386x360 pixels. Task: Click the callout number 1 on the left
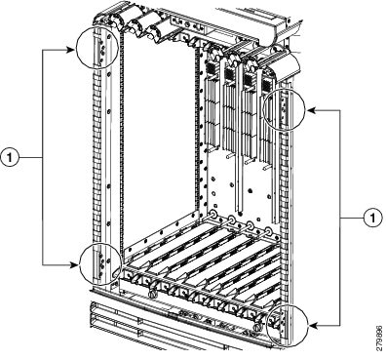[x=10, y=157]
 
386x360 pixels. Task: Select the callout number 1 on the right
[x=372, y=218]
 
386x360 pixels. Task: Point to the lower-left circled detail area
[x=100, y=263]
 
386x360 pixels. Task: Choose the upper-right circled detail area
[x=284, y=109]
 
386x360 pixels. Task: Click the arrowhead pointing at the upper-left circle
[x=71, y=50]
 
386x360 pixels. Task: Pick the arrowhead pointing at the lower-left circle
[x=74, y=264]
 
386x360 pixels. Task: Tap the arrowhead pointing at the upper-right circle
[x=311, y=110]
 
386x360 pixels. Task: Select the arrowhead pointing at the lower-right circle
[x=313, y=325]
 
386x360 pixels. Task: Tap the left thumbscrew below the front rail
[x=152, y=294]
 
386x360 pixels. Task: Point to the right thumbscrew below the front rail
[x=257, y=327]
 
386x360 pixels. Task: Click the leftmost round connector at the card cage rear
[x=213, y=215]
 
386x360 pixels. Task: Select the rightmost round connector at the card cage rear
[x=268, y=231]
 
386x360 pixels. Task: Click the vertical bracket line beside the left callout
[x=43, y=157]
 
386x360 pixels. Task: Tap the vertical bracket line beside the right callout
[x=340, y=218]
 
